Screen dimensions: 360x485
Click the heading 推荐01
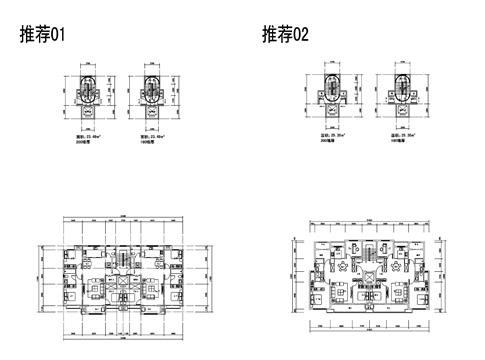coord(42,36)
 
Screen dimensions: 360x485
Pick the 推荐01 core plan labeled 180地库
coord(152,93)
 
